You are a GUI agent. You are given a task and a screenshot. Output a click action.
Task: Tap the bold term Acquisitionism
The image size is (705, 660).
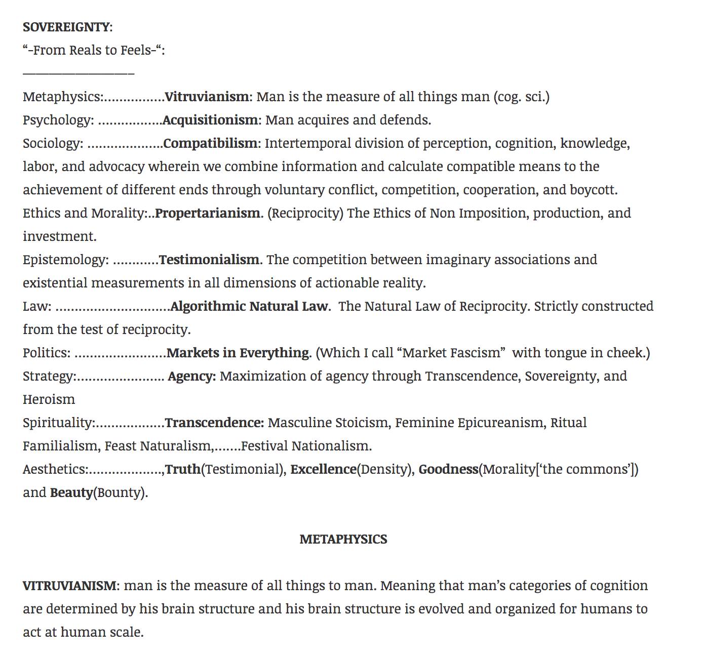210,120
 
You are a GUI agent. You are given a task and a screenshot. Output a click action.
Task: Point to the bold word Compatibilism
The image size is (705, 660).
210,143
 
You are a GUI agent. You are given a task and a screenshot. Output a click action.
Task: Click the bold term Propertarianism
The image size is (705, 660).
208,213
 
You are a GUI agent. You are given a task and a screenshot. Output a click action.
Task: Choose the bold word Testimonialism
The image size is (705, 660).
209,260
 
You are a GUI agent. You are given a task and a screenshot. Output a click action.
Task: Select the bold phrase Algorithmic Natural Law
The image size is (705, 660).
249,306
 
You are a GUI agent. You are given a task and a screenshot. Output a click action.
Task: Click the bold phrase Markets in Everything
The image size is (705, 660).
238,353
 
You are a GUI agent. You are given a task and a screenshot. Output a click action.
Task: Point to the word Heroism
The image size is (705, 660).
49,399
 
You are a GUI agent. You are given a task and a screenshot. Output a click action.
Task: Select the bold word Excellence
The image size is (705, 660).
323,469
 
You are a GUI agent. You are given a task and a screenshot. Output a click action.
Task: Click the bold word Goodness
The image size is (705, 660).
448,469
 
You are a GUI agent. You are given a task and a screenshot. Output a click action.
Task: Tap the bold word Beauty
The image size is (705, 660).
71,492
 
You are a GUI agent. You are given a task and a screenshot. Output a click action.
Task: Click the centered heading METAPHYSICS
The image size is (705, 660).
343,539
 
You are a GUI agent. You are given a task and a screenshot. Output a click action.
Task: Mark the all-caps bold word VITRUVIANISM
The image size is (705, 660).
69,586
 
